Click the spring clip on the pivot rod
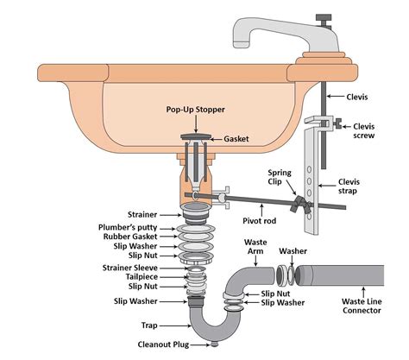point(299,207)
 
